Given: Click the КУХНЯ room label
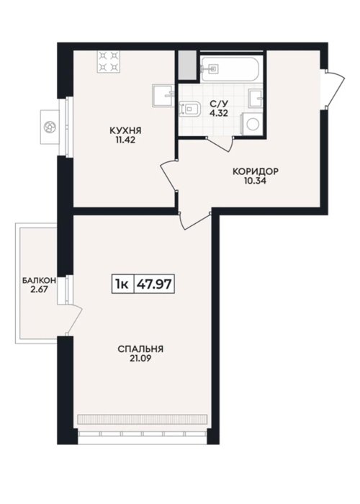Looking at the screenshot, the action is tap(126, 131).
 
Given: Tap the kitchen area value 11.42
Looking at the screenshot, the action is tap(126, 140).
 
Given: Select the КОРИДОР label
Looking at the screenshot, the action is tap(256, 171).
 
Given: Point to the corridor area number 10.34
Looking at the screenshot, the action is tap(255, 181).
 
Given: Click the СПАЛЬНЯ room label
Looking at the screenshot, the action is tap(140, 349).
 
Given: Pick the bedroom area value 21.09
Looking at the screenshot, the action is tap(140, 359).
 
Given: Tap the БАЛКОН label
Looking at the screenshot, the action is tap(39, 281).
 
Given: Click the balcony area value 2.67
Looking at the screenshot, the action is tap(39, 289).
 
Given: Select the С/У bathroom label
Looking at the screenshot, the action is tap(219, 104).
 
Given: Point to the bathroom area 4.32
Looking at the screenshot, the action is tap(219, 113).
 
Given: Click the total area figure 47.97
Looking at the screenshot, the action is tap(154, 284).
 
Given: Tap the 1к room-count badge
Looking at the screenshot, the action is tap(122, 284).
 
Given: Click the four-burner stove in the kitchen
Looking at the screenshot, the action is tap(108, 62).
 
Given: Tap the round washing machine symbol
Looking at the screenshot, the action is tap(252, 124).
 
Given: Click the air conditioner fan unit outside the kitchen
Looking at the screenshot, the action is tap(50, 127).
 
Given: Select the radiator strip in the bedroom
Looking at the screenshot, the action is tap(142, 419).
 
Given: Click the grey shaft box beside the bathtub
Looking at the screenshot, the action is tap(187, 66).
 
